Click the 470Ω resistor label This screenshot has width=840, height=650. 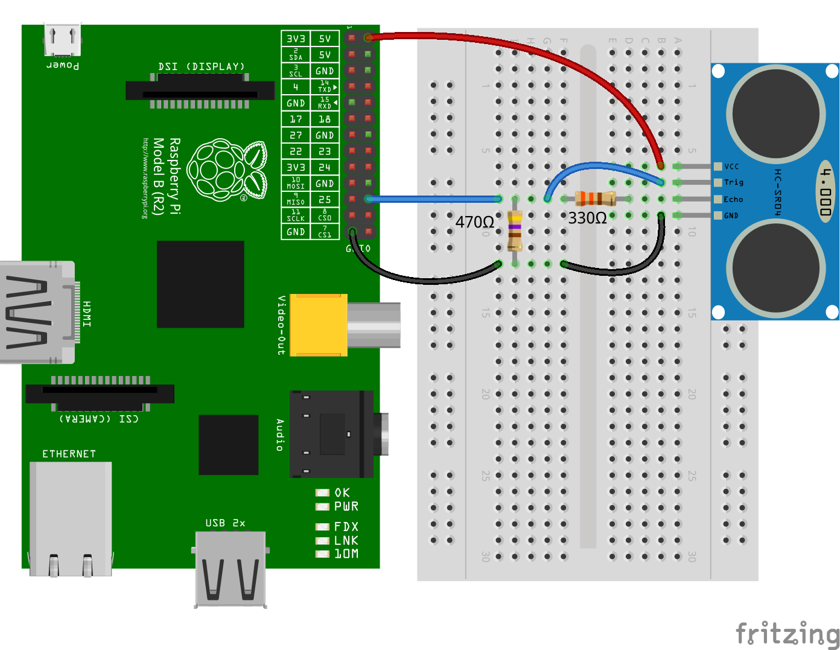coord(475,223)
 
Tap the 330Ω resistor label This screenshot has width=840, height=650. coord(587,218)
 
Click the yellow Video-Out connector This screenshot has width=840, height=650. coord(319,325)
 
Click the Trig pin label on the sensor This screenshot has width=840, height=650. coord(734,182)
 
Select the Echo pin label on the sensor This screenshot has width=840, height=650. coord(733,199)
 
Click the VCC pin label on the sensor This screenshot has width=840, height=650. coord(731,167)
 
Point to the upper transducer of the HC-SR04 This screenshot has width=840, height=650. coord(775,113)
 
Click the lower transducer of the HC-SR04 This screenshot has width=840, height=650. coord(775,267)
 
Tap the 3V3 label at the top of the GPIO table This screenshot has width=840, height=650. coord(296,39)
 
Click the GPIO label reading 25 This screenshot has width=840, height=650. coord(325,199)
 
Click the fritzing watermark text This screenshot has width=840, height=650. coord(787,634)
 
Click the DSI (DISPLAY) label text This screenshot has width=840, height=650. coord(202,66)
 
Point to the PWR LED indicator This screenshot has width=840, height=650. coord(322,507)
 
